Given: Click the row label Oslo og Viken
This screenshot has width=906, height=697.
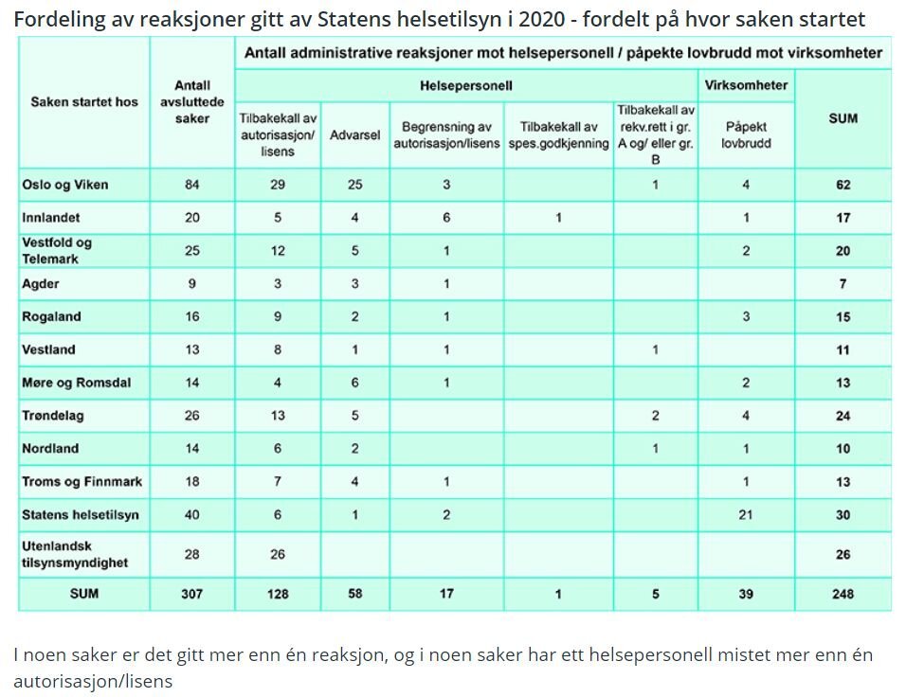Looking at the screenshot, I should click(x=65, y=185).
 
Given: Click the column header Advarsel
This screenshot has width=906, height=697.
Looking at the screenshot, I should click(x=354, y=135).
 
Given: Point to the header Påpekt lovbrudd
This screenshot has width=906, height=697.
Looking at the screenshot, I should click(x=746, y=135).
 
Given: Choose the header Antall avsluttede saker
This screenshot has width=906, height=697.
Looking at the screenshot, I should click(x=192, y=102).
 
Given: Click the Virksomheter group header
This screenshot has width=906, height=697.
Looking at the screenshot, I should click(x=746, y=85).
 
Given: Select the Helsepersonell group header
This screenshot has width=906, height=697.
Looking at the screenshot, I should click(x=465, y=85).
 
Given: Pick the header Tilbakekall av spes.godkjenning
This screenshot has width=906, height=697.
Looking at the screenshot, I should click(x=558, y=135).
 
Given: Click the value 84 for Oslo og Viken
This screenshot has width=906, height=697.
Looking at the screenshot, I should click(x=192, y=185).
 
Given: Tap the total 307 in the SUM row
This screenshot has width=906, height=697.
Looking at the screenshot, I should click(x=192, y=594).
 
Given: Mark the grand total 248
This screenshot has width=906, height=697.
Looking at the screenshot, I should click(x=843, y=594).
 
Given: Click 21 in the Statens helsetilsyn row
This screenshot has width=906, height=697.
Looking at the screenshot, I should click(x=746, y=514).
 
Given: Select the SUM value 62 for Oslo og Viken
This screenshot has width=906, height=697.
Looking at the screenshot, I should click(x=843, y=185).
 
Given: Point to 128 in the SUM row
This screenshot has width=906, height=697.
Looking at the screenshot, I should click(x=278, y=594).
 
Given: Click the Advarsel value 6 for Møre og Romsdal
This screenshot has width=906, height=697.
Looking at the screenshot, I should click(x=354, y=383).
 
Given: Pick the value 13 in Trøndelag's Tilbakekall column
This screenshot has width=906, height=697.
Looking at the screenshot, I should click(x=278, y=416).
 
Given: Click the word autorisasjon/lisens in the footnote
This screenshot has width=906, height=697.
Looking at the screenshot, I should click(x=93, y=680).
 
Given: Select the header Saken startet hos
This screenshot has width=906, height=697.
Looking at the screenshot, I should click(x=84, y=102).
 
